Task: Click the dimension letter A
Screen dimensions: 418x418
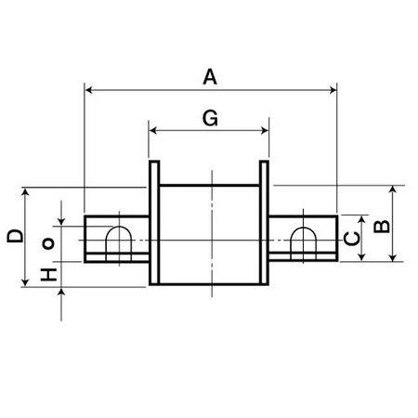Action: point(210,77)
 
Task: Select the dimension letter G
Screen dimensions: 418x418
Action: point(210,118)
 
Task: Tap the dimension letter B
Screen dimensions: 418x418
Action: point(382,227)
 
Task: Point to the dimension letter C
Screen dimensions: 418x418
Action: point(352,239)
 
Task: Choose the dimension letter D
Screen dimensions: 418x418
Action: point(15,236)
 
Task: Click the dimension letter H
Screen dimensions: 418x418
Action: point(48,274)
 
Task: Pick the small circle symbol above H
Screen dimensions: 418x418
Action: point(48,243)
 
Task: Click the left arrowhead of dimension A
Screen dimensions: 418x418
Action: point(89,90)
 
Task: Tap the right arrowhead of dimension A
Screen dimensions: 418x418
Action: point(333,90)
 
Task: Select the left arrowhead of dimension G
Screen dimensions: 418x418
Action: point(153,131)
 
